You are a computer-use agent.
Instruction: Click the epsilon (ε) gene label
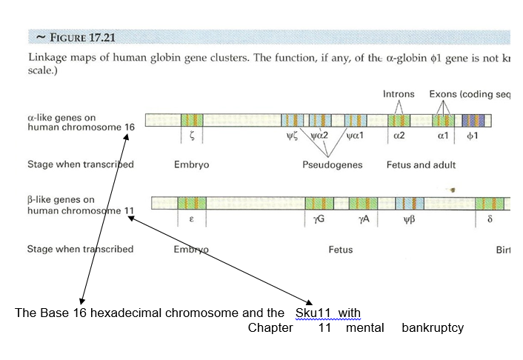point(191,220)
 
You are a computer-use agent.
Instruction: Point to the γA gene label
point(363,220)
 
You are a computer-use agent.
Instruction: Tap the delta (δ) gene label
point(490,220)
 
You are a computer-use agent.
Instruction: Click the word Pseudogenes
point(332,164)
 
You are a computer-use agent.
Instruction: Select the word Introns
point(399,94)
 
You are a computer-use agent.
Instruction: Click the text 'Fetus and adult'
point(421,164)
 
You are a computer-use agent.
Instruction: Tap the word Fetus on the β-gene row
point(341,250)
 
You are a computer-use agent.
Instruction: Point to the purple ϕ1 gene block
point(473,119)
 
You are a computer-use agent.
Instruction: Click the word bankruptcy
point(433,327)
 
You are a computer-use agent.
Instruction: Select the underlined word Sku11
point(316,313)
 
